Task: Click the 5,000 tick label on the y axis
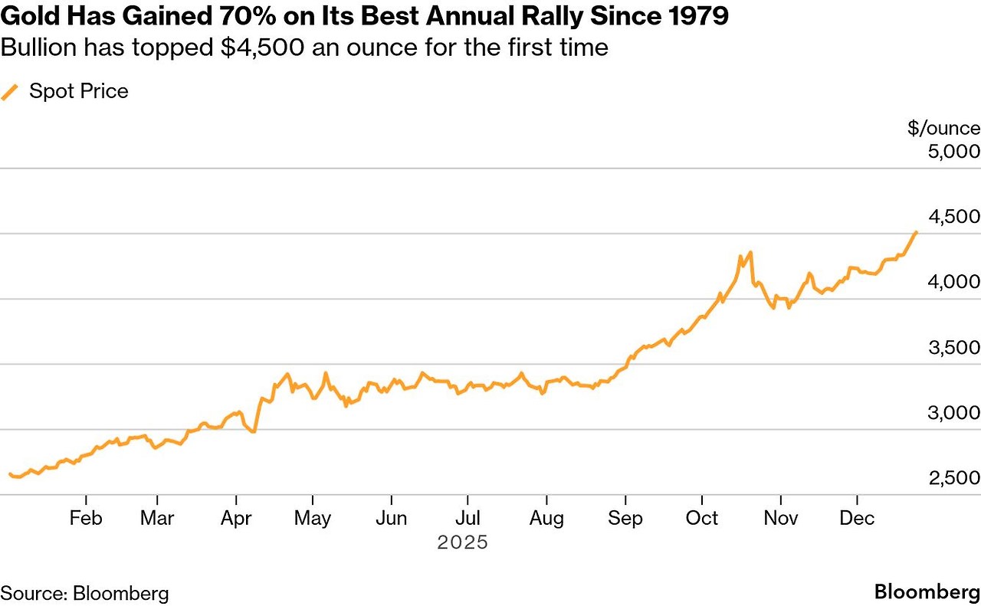(953, 151)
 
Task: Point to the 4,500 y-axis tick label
(953, 217)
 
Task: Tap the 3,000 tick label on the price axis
(953, 413)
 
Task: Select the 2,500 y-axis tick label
(953, 478)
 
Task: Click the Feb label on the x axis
(85, 519)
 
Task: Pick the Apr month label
(236, 519)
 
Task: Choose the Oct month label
(702, 519)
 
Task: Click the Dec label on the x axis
(857, 519)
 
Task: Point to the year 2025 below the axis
(463, 542)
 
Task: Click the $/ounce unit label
(943, 128)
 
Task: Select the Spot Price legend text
(79, 92)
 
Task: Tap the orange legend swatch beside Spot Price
(10, 93)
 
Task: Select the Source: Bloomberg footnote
(84, 593)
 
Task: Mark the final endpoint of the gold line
(916, 231)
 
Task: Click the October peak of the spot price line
(750, 251)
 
